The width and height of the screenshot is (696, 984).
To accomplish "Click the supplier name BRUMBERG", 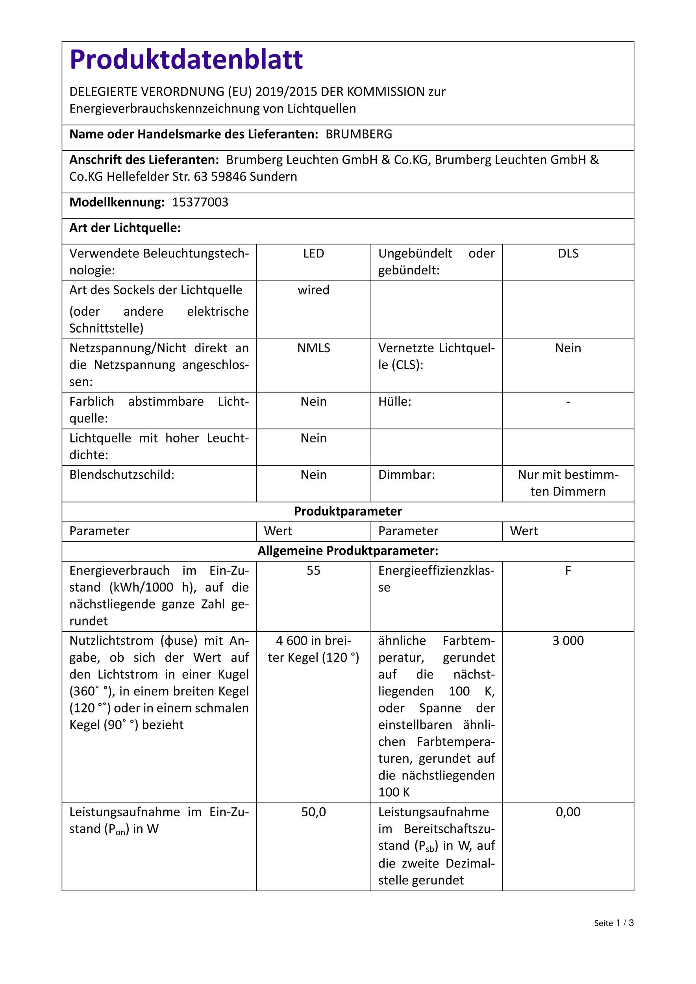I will pyautogui.click(x=359, y=134).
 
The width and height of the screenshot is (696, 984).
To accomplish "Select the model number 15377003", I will pyautogui.click(x=200, y=202).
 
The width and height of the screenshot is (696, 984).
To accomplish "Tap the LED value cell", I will pyautogui.click(x=313, y=253).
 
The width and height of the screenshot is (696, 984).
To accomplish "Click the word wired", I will pyautogui.click(x=313, y=290).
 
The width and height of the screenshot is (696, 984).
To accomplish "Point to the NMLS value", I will pyautogui.click(x=313, y=348).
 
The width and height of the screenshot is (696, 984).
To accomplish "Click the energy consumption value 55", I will pyautogui.click(x=313, y=570).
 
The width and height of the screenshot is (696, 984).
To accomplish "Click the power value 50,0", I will pyautogui.click(x=313, y=812).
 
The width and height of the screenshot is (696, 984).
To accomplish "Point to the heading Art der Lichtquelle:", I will pyautogui.click(x=125, y=228).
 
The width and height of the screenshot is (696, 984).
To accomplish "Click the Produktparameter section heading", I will pyautogui.click(x=348, y=511).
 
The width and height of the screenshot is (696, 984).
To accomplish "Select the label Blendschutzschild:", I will pyautogui.click(x=122, y=475).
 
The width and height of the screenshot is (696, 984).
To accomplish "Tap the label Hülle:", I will pyautogui.click(x=394, y=401).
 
